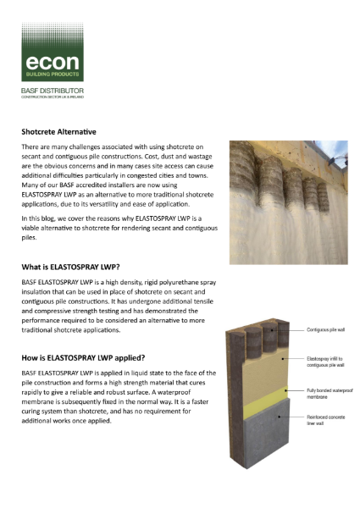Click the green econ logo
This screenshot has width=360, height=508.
pyautogui.click(x=53, y=52)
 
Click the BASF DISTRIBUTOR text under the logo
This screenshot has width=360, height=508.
pyautogui.click(x=55, y=88)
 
